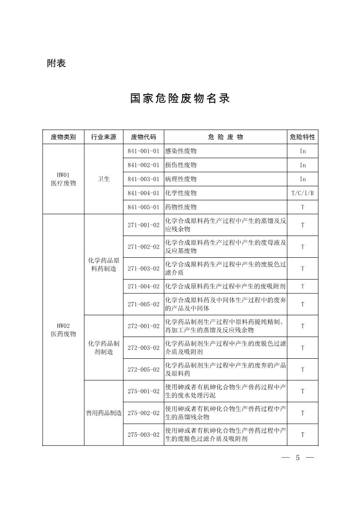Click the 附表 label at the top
pyautogui.click(x=56, y=64)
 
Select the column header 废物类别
pyautogui.click(x=63, y=137)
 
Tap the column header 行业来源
pyautogui.click(x=104, y=137)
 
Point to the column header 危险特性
pyautogui.click(x=302, y=137)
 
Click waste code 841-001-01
pyautogui.click(x=144, y=151)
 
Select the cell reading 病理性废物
pyautogui.click(x=181, y=179)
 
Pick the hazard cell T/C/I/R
pyautogui.click(x=302, y=193)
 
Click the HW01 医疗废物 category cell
pyautogui.click(x=63, y=179)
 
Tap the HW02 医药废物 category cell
pyautogui.click(x=63, y=330)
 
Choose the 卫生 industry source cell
pyautogui.click(x=104, y=179)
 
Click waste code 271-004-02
pyautogui.click(x=144, y=287)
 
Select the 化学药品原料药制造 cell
pyautogui.click(x=104, y=265)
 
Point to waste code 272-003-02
pyautogui.click(x=144, y=348)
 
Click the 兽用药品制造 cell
pyautogui.click(x=104, y=413)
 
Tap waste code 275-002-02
pyautogui.click(x=144, y=413)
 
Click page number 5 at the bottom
pyautogui.click(x=298, y=458)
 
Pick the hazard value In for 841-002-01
pyautogui.click(x=302, y=165)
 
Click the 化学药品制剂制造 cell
pyautogui.click(x=104, y=347)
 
